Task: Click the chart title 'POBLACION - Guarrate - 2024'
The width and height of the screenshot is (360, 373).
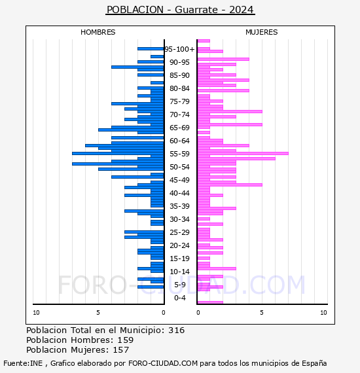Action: coord(180,10)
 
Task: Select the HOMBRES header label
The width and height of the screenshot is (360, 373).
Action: coord(98,32)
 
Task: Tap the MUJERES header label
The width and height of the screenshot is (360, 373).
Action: coord(262,32)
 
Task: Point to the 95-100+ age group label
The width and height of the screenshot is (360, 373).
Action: coord(179,49)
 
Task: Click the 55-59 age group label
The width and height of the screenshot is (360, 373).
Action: coord(179,154)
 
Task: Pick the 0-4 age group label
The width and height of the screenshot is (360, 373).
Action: coord(179,298)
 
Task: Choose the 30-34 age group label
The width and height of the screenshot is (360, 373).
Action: coord(179,219)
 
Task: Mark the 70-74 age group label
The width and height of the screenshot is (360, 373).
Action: coord(179,115)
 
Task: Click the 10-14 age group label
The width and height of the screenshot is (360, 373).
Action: coord(179,272)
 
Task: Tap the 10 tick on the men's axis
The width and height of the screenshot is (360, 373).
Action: coord(36,313)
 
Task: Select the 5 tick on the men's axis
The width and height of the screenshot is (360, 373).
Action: coord(98,313)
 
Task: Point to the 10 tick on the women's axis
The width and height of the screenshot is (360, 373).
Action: coord(323,313)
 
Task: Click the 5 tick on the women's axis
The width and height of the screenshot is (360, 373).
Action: coord(262,313)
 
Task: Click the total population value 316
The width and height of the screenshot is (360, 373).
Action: coord(176,330)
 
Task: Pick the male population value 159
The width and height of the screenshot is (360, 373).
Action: coord(126,340)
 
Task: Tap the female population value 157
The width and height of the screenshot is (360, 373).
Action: coord(121,349)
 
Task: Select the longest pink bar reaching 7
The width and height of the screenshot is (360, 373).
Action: coord(243,153)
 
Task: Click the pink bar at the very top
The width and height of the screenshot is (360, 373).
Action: coord(204,41)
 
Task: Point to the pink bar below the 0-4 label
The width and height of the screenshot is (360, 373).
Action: coord(210,302)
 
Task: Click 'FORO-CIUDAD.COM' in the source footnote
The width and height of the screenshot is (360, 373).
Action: coord(163,363)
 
